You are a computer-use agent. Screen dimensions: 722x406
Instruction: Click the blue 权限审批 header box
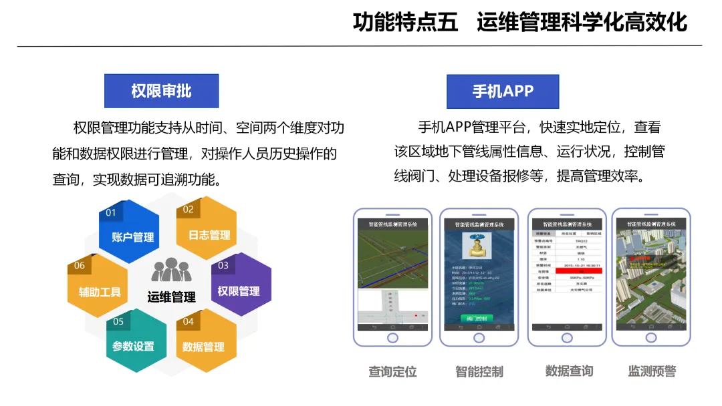tap(161, 91)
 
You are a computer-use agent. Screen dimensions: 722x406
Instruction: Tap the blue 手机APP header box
tap(503, 91)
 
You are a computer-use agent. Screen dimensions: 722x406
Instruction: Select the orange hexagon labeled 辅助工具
tap(98, 289)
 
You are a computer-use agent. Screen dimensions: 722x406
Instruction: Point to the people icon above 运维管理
tap(171, 270)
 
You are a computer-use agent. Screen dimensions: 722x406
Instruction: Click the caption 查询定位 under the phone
tap(392, 372)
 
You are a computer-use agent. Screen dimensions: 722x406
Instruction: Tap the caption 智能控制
tap(479, 372)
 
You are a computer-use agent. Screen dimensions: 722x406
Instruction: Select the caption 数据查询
tap(569, 371)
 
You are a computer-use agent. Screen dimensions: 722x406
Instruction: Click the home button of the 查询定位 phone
tap(392, 338)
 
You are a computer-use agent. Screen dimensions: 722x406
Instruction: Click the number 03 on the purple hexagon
tap(223, 266)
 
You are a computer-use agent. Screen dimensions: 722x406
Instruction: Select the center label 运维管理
tap(171, 297)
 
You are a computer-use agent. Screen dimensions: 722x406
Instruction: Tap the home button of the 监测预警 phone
tap(650, 338)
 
